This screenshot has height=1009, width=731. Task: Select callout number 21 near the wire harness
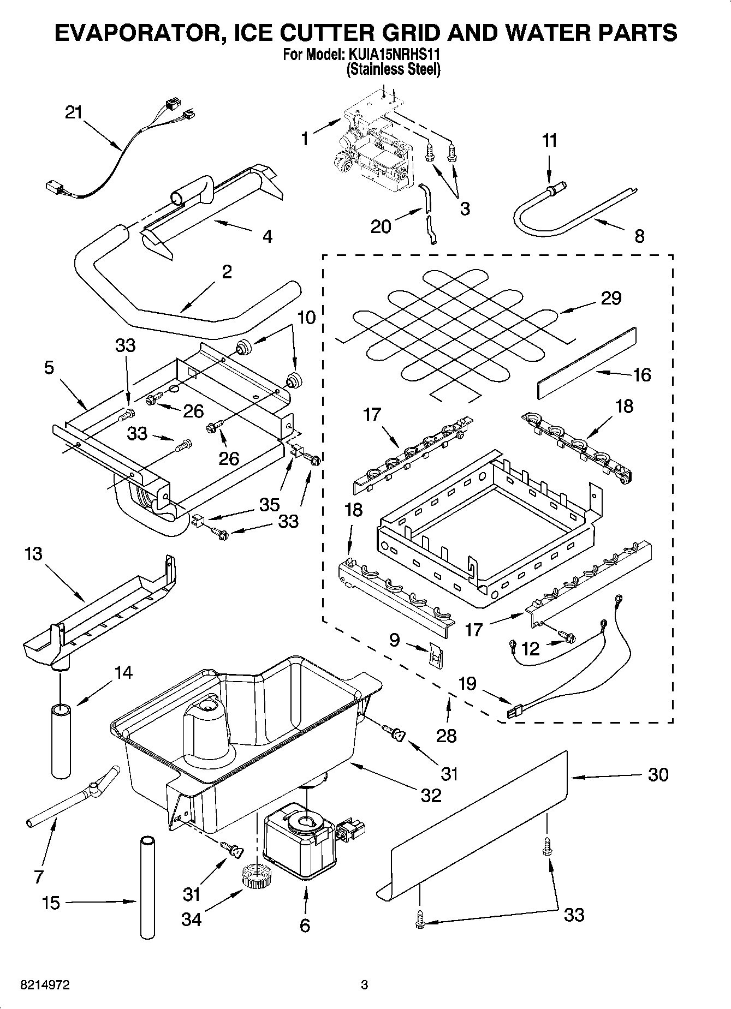click(74, 113)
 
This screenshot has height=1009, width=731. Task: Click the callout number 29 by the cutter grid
click(611, 298)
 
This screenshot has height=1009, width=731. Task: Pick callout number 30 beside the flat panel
click(658, 774)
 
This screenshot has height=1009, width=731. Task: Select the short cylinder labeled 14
click(61, 741)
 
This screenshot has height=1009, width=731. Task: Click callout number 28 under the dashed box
click(447, 736)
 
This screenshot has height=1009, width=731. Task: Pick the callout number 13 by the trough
click(33, 554)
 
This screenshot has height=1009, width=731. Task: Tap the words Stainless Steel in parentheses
click(393, 69)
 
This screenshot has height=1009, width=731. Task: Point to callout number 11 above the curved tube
click(550, 141)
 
